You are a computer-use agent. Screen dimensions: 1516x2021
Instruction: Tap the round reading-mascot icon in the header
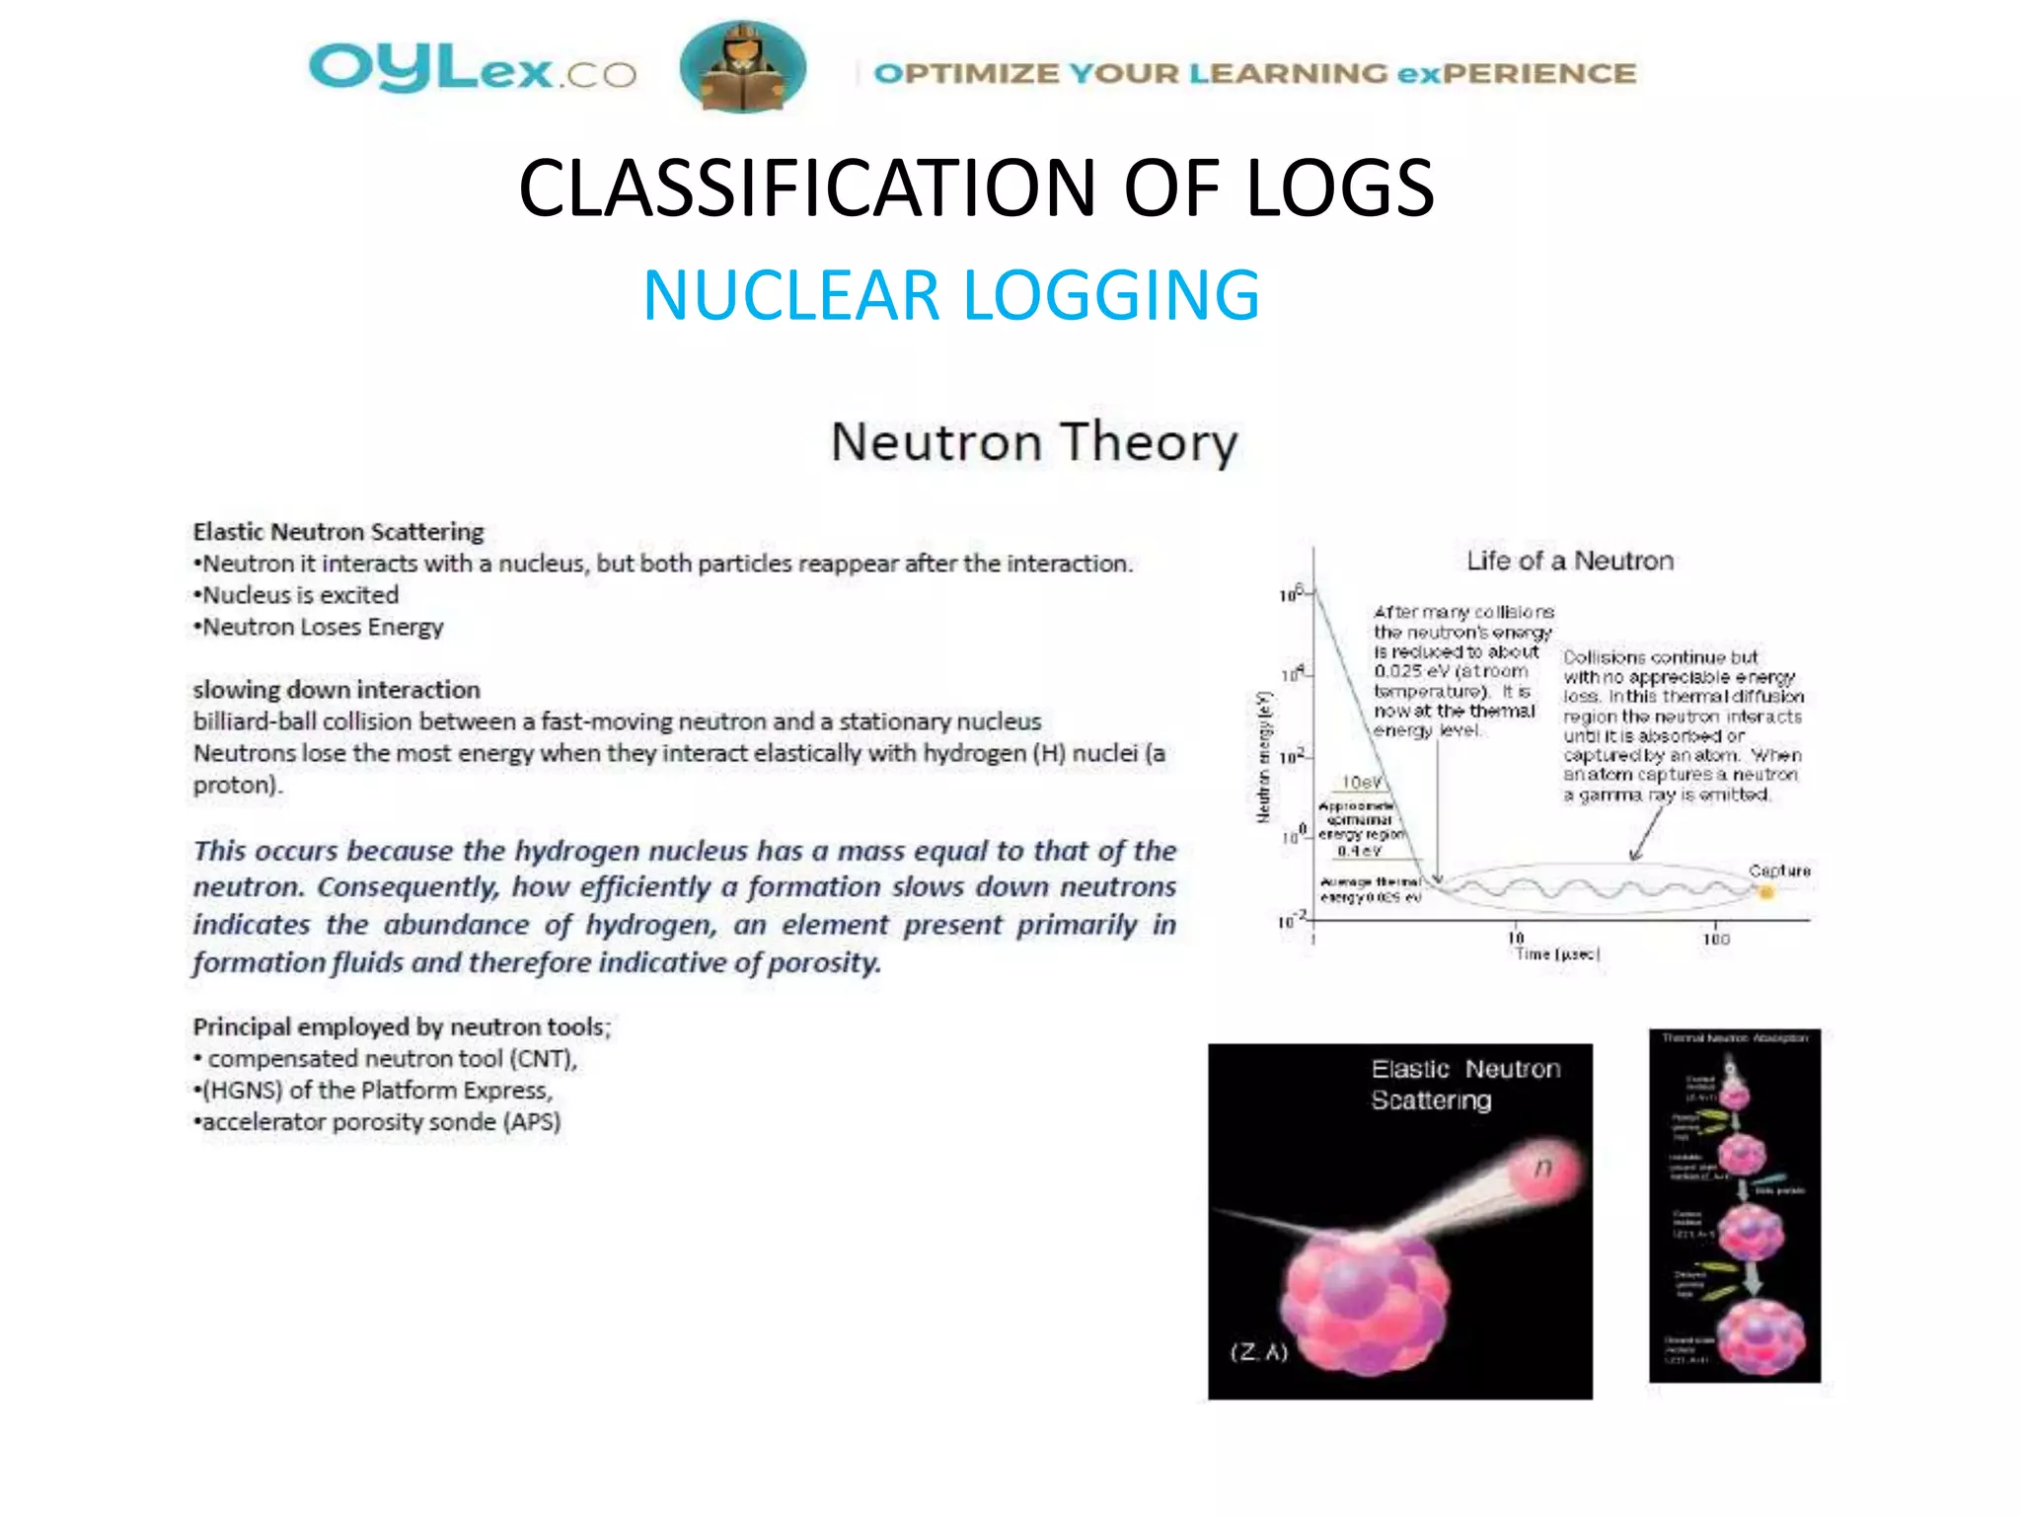pyautogui.click(x=742, y=67)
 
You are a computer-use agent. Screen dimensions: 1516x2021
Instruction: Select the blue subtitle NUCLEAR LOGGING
pyautogui.click(x=951, y=295)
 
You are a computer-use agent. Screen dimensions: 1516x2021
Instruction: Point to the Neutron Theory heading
pyautogui.click(x=1033, y=442)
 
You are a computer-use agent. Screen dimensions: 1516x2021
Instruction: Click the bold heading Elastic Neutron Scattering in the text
pyautogui.click(x=338, y=532)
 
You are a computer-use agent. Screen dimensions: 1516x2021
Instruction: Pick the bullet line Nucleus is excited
pyautogui.click(x=299, y=595)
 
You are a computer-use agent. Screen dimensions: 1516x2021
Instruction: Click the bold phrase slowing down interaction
pyautogui.click(x=337, y=689)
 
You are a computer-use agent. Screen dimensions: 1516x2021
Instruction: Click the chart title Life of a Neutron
pyautogui.click(x=1569, y=561)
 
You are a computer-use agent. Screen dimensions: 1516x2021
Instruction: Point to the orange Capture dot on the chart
pyautogui.click(x=1766, y=892)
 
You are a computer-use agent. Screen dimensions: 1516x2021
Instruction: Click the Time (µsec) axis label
pyautogui.click(x=1556, y=954)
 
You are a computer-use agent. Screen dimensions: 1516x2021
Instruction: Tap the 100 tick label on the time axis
pyautogui.click(x=1716, y=940)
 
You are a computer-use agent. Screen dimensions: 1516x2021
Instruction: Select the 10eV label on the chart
pyautogui.click(x=1362, y=783)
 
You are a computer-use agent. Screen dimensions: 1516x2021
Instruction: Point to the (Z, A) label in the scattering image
pyautogui.click(x=1259, y=1352)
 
